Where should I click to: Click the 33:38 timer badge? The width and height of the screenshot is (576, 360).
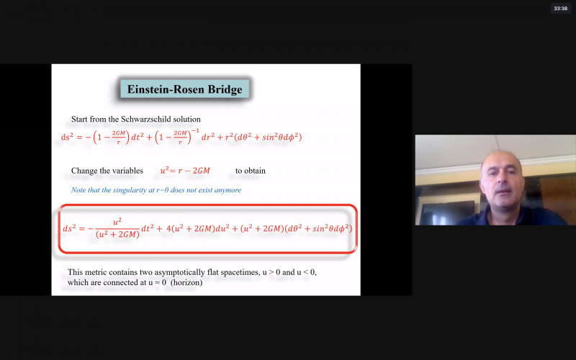[x=560, y=9]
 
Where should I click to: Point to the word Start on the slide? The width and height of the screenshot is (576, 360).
[x=79, y=120]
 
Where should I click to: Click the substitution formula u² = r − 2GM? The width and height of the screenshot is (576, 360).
[x=185, y=171]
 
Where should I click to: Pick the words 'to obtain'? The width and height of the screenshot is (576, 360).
[x=251, y=171]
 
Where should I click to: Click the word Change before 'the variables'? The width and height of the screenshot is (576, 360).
[x=83, y=171]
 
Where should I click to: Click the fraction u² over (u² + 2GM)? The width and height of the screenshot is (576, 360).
[x=117, y=228]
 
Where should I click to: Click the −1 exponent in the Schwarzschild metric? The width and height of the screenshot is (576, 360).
[x=195, y=131]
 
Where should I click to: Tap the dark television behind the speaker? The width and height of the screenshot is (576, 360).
[x=447, y=212]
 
